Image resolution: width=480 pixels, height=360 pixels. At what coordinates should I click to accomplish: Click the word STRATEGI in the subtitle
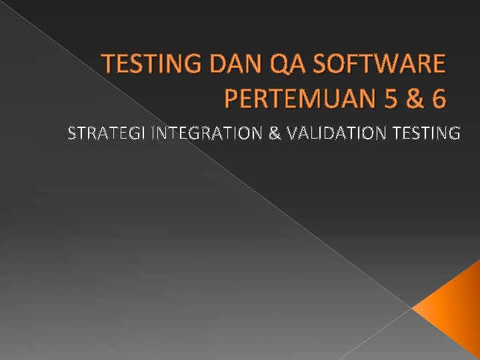pyautogui.click(x=107, y=134)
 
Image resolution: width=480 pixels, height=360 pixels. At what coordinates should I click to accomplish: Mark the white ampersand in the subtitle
pyautogui.click(x=273, y=134)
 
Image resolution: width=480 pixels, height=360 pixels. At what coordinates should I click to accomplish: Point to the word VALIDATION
pyautogui.click(x=336, y=134)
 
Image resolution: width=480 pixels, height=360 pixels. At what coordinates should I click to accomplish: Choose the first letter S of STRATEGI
pyautogui.click(x=72, y=134)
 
